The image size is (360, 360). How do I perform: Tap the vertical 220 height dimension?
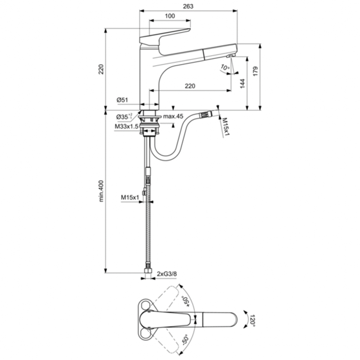(101, 69)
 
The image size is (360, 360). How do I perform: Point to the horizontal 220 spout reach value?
(190, 86)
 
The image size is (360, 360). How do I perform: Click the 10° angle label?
(225, 68)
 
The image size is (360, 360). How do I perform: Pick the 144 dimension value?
(242, 84)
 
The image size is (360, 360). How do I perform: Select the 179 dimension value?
(255, 71)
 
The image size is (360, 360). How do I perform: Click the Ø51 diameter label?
(122, 100)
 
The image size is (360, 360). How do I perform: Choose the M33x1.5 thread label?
(127, 127)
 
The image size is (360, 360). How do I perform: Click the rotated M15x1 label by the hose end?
(225, 127)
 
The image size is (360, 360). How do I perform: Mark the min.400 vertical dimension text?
(101, 191)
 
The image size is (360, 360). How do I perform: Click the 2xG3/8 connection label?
(167, 274)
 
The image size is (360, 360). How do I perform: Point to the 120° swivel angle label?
(252, 320)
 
